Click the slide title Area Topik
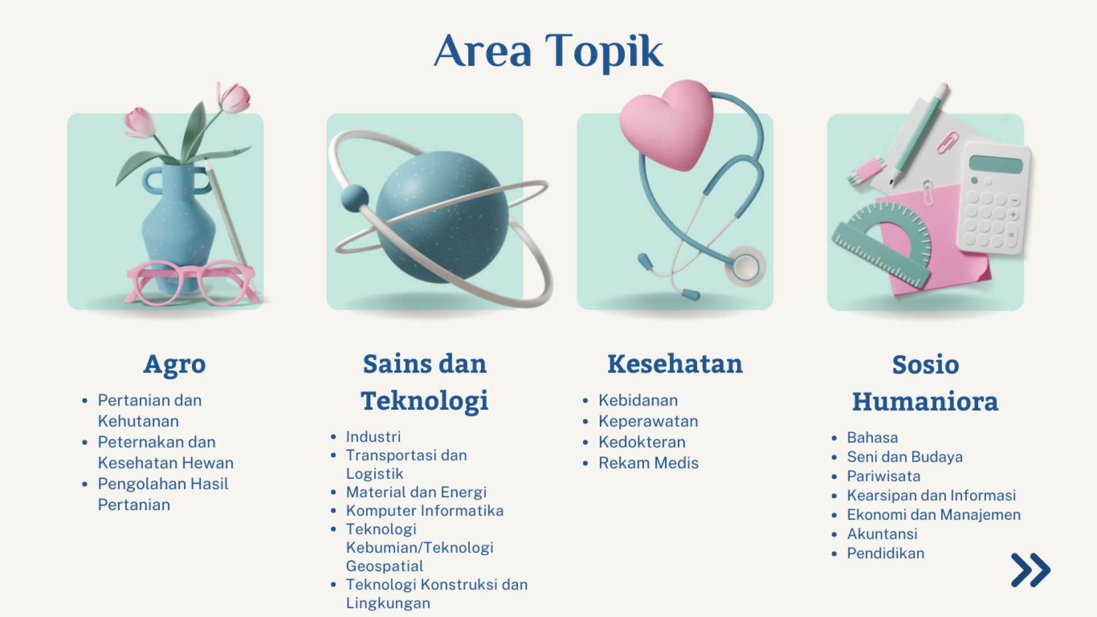tap(548, 51)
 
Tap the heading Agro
tap(174, 364)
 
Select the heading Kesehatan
tap(675, 364)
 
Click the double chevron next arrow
tap(1031, 570)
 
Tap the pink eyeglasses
tap(191, 282)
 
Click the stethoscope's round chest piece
tap(745, 266)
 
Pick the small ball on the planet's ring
tap(355, 198)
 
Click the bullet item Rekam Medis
tap(648, 463)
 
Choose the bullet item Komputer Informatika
tap(425, 510)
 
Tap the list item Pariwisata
tap(883, 476)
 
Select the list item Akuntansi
tap(882, 534)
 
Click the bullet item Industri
tap(373, 436)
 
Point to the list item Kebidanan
tap(638, 400)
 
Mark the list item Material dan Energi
tap(416, 492)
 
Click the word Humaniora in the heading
tap(925, 402)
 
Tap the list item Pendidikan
tap(886, 553)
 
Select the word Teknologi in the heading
tap(425, 401)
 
